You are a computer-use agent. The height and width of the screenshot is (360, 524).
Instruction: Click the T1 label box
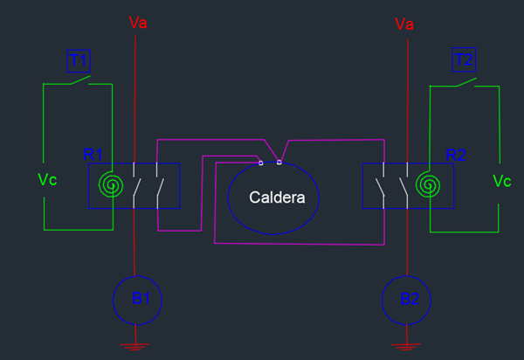(x=79, y=60)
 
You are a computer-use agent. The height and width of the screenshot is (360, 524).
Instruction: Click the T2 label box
(x=465, y=60)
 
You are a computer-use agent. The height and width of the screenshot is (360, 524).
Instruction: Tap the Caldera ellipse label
(x=273, y=198)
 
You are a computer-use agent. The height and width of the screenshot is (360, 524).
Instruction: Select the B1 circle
(x=138, y=299)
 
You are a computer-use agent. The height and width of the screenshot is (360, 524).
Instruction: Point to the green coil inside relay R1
(x=110, y=184)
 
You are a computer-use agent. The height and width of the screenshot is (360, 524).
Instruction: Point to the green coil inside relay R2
(x=428, y=184)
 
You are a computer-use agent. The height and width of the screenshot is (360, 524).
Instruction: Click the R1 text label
(x=93, y=155)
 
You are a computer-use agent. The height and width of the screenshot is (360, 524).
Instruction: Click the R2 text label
(x=456, y=155)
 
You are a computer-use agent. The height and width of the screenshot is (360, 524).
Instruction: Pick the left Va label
(x=138, y=22)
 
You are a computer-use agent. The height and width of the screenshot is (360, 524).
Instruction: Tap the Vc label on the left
(x=47, y=180)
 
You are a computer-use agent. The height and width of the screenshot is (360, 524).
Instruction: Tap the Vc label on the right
(x=502, y=181)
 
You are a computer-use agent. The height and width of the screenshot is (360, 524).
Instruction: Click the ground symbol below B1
(x=134, y=347)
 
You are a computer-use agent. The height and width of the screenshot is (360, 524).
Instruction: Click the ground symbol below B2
(x=403, y=347)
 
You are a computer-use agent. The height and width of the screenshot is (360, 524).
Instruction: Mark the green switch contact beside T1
(x=79, y=81)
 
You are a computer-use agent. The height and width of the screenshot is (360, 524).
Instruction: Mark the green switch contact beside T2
(x=465, y=82)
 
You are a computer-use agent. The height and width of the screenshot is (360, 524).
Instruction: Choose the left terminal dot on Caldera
(x=261, y=163)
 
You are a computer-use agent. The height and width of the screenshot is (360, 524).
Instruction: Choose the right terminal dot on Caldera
(x=279, y=162)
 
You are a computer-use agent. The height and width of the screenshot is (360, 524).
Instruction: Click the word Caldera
(x=277, y=198)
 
